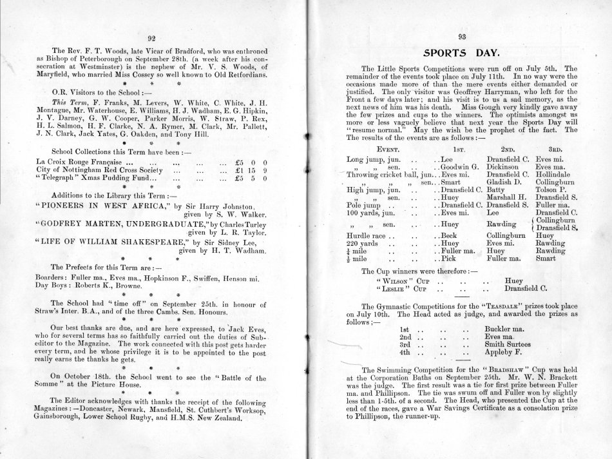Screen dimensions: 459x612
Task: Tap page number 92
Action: (152, 39)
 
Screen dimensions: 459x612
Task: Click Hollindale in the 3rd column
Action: (556, 174)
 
